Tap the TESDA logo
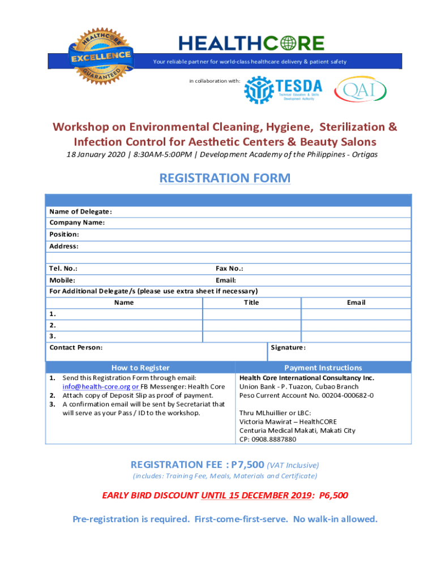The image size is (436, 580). (283, 89)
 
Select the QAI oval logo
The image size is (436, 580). (361, 89)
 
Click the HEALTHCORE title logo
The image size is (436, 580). (251, 43)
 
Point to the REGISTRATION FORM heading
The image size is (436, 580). (225, 178)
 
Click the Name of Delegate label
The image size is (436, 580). (80, 212)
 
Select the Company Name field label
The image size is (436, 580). (77, 223)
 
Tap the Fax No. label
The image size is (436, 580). (229, 268)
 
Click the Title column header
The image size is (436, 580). (251, 302)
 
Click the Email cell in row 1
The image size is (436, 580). (356, 314)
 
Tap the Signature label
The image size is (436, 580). (288, 348)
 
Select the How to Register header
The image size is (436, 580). (140, 368)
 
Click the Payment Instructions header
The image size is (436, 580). (323, 368)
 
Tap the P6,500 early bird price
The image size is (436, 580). (334, 496)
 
